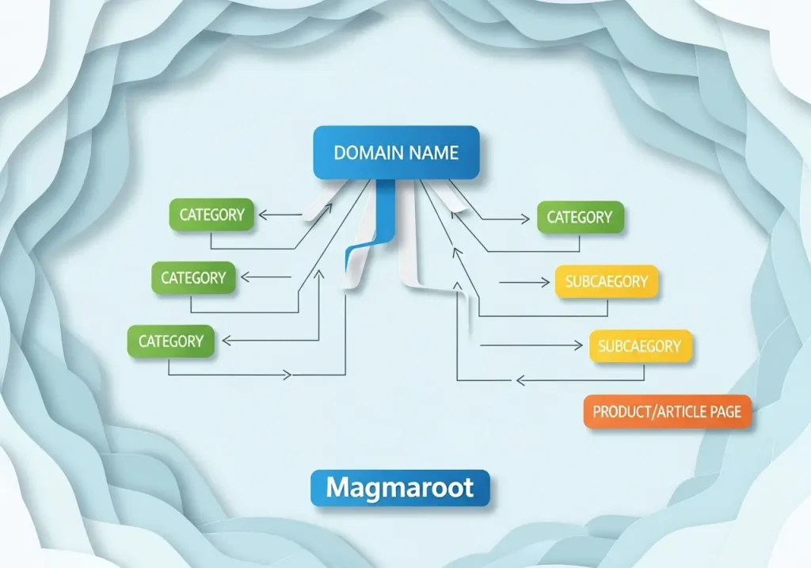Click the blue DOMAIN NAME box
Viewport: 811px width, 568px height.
396,152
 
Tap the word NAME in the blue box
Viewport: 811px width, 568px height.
432,153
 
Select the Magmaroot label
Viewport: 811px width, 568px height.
400,487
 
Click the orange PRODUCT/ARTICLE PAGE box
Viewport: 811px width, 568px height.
667,412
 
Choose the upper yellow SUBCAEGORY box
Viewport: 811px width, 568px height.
607,281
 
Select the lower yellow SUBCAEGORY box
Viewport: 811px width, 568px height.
639,346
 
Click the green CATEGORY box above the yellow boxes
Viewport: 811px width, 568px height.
580,217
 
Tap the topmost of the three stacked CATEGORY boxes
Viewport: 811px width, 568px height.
211,215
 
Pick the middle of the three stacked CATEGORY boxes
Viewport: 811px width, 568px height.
193,278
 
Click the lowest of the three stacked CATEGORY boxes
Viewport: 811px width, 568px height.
171,341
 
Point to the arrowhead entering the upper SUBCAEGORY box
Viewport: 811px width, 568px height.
546,281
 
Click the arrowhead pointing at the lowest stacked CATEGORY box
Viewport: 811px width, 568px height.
226,341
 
